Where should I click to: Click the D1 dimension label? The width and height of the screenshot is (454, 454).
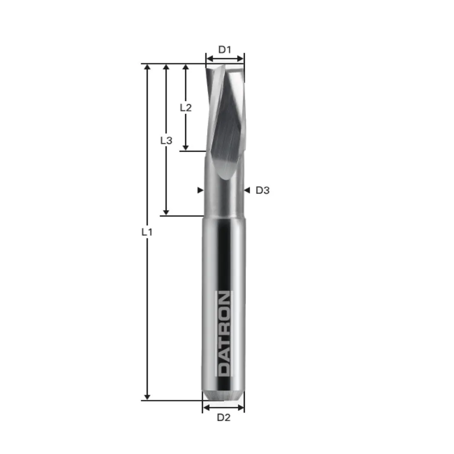[x=225, y=49]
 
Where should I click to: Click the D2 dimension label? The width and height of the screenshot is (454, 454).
[x=223, y=418]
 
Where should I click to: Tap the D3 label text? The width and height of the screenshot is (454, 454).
[x=262, y=191]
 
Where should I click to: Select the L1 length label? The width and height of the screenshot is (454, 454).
[x=146, y=232]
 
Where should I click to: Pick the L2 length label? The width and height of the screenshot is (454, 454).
[x=185, y=108]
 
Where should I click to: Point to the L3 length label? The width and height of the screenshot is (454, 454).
[x=166, y=140]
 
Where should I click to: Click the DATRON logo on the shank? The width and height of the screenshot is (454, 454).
[x=224, y=334]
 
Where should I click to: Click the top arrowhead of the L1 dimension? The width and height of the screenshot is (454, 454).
[x=147, y=68]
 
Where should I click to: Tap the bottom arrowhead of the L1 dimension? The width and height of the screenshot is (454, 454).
[x=147, y=396]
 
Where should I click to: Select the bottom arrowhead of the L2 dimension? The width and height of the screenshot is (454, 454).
[x=185, y=147]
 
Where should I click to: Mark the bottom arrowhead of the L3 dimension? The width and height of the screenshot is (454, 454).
[x=166, y=212]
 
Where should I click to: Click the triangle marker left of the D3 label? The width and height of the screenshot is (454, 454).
[x=247, y=191]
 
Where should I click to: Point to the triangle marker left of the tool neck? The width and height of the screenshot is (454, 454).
[x=200, y=191]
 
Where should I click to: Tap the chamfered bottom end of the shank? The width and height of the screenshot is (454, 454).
[x=223, y=395]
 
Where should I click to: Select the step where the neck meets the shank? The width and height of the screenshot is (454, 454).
[x=223, y=216]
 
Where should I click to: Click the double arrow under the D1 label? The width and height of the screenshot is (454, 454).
[x=225, y=58]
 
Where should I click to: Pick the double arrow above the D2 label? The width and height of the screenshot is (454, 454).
[x=223, y=408]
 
